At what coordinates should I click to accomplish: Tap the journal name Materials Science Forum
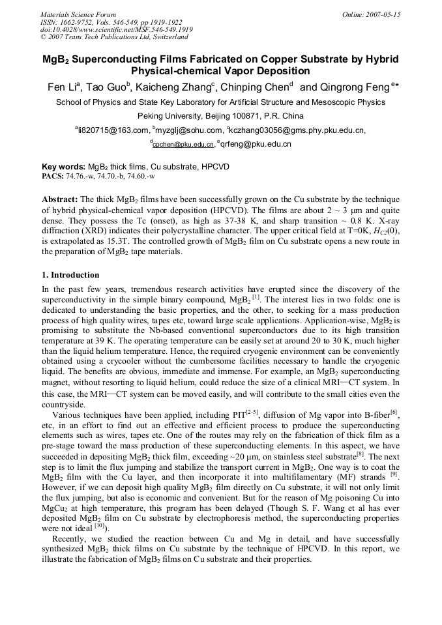pyautogui.click(x=78, y=14)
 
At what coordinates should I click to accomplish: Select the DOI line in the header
pyautogui.click(x=117, y=30)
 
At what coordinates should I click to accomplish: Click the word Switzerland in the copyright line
pyautogui.click(x=169, y=38)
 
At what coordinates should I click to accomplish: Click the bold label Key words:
pyautogui.click(x=63, y=167)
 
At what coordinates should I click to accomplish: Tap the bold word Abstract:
pyautogui.click(x=60, y=198)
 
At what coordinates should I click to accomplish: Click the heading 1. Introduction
pyautogui.click(x=70, y=275)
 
